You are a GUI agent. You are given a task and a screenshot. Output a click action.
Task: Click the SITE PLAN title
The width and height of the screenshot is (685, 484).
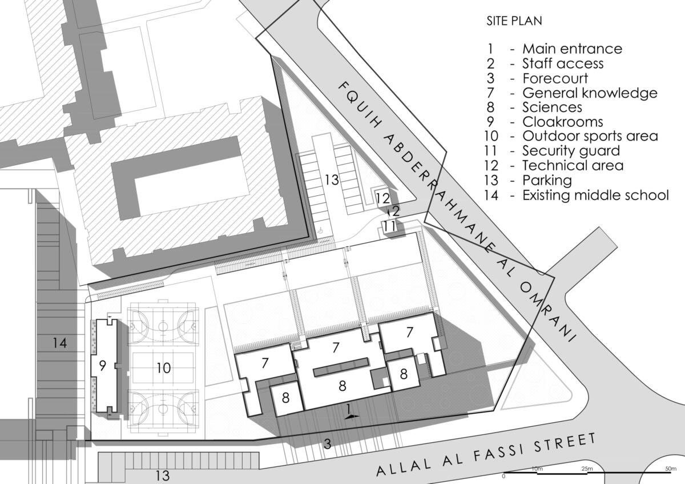514,21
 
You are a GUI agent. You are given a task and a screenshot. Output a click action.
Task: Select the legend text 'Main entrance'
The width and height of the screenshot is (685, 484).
572,49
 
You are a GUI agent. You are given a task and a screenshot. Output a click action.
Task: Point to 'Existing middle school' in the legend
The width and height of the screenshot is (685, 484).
595,195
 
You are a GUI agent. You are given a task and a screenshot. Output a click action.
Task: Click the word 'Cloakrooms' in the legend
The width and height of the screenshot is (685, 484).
562,122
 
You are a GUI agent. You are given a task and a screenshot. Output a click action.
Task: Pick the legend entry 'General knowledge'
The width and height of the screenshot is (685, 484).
590,93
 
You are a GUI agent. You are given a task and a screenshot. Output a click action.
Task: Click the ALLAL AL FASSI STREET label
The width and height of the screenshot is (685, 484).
486,454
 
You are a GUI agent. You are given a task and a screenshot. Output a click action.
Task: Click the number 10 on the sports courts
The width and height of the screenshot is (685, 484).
163,368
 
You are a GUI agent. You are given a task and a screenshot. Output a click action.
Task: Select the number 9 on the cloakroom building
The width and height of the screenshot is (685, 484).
103,366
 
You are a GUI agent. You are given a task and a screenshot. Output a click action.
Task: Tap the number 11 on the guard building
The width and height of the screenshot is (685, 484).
390,226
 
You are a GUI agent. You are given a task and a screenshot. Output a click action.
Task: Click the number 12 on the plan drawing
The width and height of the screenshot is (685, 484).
382,199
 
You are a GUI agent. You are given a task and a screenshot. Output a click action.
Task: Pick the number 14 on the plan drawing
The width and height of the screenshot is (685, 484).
60,343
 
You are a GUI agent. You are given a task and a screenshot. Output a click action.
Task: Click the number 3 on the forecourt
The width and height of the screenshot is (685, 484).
328,443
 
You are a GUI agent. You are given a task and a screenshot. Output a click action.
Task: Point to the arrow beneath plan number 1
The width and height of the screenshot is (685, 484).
352,417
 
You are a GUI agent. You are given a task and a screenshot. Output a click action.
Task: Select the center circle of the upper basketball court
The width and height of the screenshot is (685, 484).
163,326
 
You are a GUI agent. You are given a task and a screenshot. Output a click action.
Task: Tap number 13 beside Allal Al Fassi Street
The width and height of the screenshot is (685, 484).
163,475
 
